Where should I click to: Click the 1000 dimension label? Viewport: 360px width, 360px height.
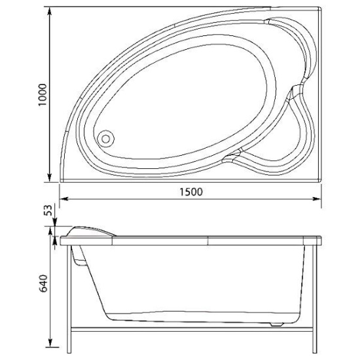coord(43,95)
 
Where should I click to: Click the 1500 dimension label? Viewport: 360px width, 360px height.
coord(191,192)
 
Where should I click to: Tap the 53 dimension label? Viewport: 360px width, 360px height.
coord(48,210)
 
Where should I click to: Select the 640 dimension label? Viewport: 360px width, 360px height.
coord(43,283)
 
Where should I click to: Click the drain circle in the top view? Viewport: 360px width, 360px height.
coord(106,139)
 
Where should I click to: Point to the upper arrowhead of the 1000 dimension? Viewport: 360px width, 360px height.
coord(49,12)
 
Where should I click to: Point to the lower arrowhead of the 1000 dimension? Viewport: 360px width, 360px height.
coord(49,177)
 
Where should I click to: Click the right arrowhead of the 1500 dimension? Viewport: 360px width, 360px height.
coord(316,199)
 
